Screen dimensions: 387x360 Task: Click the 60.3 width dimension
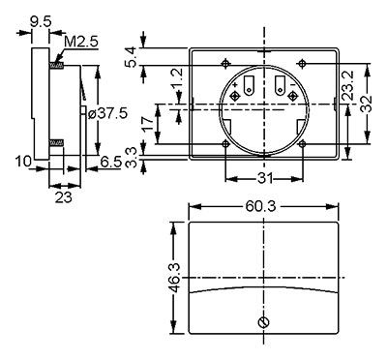[260, 206]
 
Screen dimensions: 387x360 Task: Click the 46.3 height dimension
[175, 278]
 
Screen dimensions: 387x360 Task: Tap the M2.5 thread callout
[81, 42]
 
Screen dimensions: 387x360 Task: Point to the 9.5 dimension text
[41, 22]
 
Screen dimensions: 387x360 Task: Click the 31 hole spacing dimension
[264, 178]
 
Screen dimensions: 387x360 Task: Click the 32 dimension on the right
[367, 104]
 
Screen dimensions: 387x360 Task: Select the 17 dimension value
[147, 124]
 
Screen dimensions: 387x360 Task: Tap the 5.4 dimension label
[132, 57]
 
